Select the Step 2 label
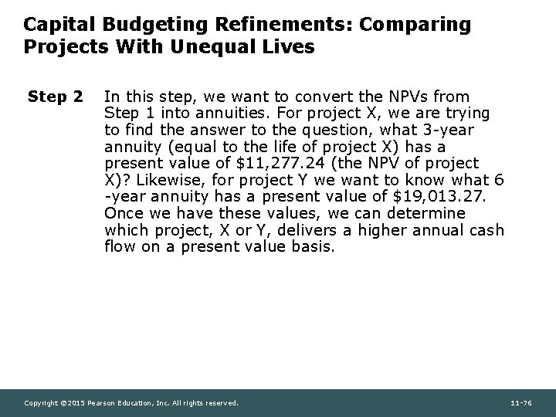pyautogui.click(x=55, y=97)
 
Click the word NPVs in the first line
pyautogui.click(x=412, y=97)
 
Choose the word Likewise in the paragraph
pyautogui.click(x=166, y=180)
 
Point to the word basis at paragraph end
pyautogui.click(x=312, y=246)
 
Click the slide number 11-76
pyautogui.click(x=521, y=402)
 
